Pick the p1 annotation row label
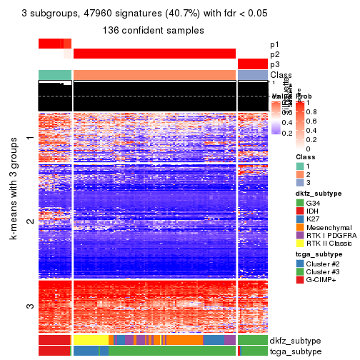[x=275, y=44]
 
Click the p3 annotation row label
[x=275, y=64]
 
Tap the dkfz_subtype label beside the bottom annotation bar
[x=295, y=340]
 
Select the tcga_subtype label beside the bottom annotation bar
[x=294, y=351]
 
